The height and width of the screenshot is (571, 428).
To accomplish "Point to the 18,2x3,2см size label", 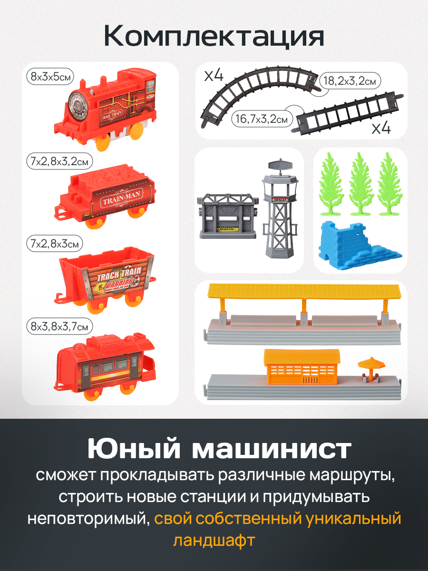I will click(x=350, y=81).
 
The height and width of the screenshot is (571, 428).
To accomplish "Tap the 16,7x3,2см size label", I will click(x=262, y=119).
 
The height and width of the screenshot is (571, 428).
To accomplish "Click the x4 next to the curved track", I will click(x=214, y=76).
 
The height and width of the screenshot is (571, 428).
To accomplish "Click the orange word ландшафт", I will click(x=214, y=541).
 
